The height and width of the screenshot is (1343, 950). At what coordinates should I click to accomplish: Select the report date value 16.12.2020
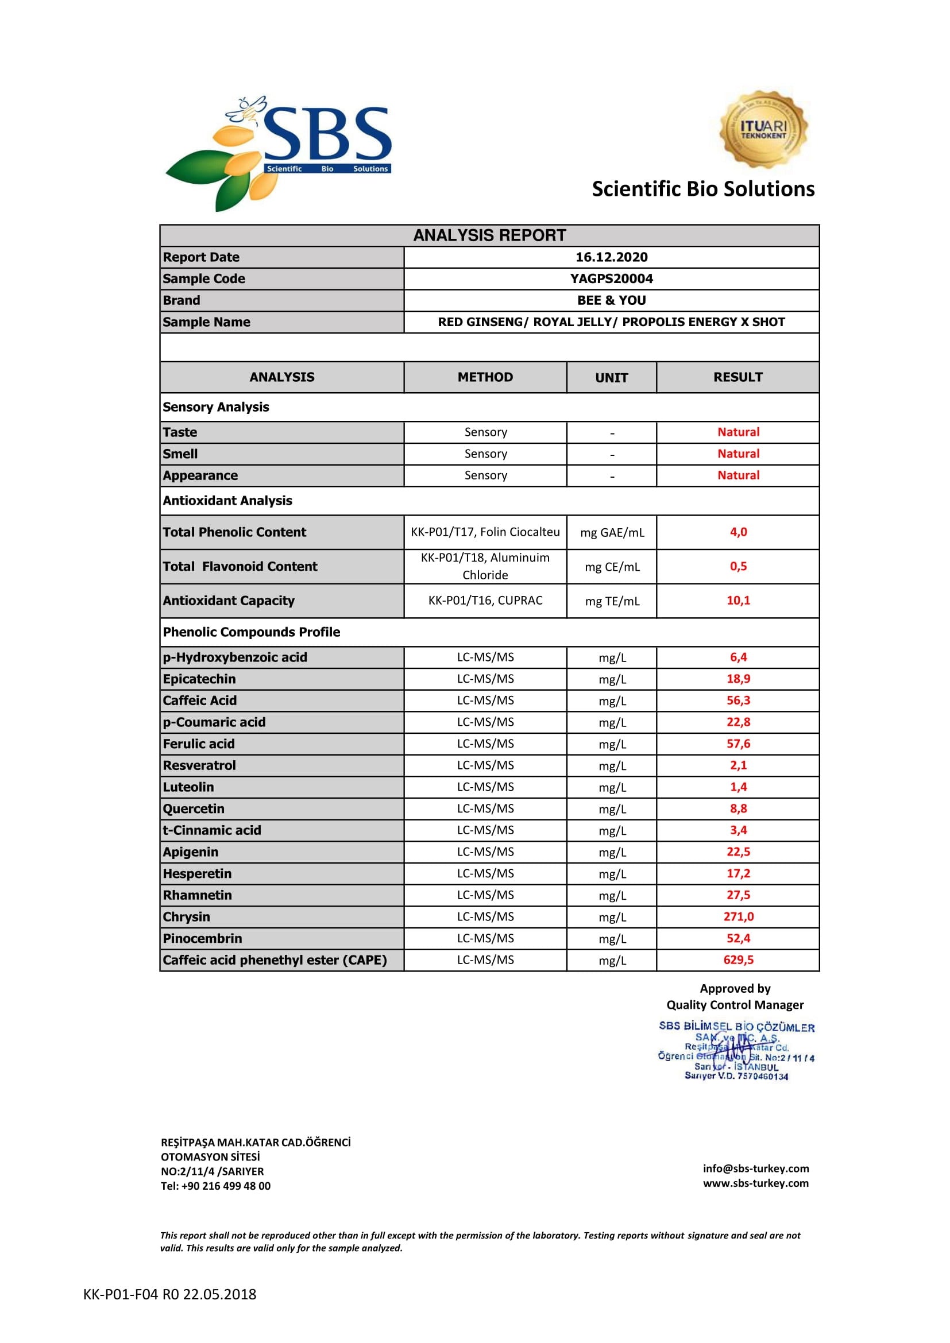(611, 257)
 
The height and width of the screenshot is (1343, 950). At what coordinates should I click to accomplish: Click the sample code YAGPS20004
(611, 279)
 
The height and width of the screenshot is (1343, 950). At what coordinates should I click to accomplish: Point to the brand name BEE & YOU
(611, 301)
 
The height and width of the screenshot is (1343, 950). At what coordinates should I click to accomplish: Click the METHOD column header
(485, 377)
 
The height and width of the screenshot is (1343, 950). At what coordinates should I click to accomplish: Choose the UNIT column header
(611, 378)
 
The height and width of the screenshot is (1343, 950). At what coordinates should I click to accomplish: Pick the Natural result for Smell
(738, 454)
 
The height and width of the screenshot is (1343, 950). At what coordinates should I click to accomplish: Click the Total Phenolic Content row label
(234, 532)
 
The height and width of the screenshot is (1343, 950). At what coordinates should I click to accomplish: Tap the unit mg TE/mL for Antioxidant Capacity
(612, 601)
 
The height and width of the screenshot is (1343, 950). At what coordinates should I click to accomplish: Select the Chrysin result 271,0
(738, 916)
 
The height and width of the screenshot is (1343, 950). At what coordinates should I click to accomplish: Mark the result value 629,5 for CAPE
(738, 960)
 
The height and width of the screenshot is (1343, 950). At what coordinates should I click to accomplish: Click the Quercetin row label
(194, 809)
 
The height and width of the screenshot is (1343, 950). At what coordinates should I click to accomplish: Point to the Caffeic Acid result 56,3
(738, 700)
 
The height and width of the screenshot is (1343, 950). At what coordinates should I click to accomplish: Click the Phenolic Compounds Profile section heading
(252, 632)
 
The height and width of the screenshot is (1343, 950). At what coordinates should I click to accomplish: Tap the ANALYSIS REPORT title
(489, 236)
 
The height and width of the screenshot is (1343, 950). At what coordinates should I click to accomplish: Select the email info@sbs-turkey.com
(756, 1168)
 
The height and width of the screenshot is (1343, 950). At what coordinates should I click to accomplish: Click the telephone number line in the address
(216, 1186)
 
